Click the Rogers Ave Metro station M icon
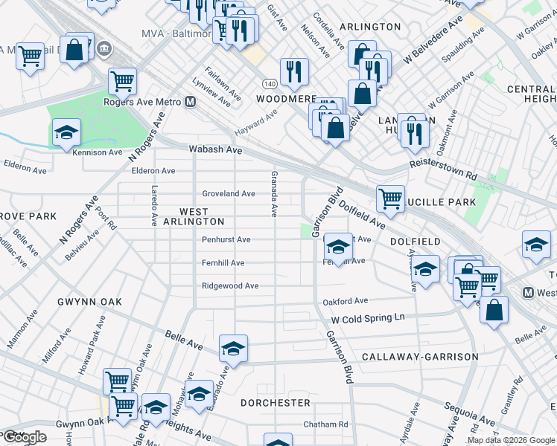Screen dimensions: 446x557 pos(191,102)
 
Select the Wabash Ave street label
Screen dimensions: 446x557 pos(215,149)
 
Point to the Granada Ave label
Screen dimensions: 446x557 pos(273,193)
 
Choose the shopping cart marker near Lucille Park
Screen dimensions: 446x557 pos(390,198)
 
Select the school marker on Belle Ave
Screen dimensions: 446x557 pos(233,349)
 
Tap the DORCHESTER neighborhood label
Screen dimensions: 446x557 pos(276,402)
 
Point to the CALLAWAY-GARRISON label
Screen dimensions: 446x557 pos(420,357)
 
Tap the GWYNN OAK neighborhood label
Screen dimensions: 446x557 pos(89,302)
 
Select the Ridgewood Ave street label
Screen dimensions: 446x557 pos(230,286)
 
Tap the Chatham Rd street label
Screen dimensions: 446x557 pos(325,424)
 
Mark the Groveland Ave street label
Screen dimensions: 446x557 pos(229,193)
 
